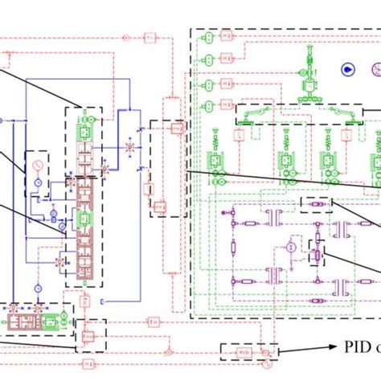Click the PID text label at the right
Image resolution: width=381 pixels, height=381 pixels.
pyautogui.click(x=354, y=348)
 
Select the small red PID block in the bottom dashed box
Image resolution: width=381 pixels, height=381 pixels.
pyautogui.click(x=244, y=352)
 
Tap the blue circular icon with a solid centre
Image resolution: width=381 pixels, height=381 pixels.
pyautogui.click(x=346, y=70)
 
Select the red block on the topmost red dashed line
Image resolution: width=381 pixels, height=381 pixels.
pyautogui.click(x=150, y=38)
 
